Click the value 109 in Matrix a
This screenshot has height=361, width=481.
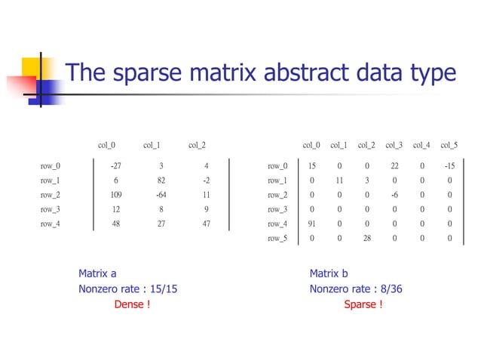pyautogui.click(x=115, y=195)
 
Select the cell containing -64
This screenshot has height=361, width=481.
pyautogui.click(x=161, y=195)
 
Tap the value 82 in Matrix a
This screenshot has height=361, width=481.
pyautogui.click(x=161, y=180)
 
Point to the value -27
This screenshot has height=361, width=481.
pyautogui.click(x=115, y=166)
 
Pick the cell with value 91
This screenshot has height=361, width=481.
pyautogui.click(x=311, y=224)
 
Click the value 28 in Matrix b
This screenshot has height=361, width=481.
pyautogui.click(x=366, y=239)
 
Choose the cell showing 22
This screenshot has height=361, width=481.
pyautogui.click(x=394, y=166)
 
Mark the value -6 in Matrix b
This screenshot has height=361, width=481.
pyautogui.click(x=394, y=195)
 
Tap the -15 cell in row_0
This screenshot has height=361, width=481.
pyautogui.click(x=449, y=166)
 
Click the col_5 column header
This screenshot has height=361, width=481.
pyautogui.click(x=449, y=145)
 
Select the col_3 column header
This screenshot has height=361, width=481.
pyautogui.click(x=394, y=145)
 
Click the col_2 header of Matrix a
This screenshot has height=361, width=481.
pyautogui.click(x=197, y=145)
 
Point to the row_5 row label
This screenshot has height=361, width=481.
pyautogui.click(x=277, y=239)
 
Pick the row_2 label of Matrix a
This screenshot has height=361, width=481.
pyautogui.click(x=51, y=195)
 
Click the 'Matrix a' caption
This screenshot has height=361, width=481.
pyautogui.click(x=97, y=273)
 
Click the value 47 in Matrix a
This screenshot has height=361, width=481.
pyautogui.click(x=206, y=224)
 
